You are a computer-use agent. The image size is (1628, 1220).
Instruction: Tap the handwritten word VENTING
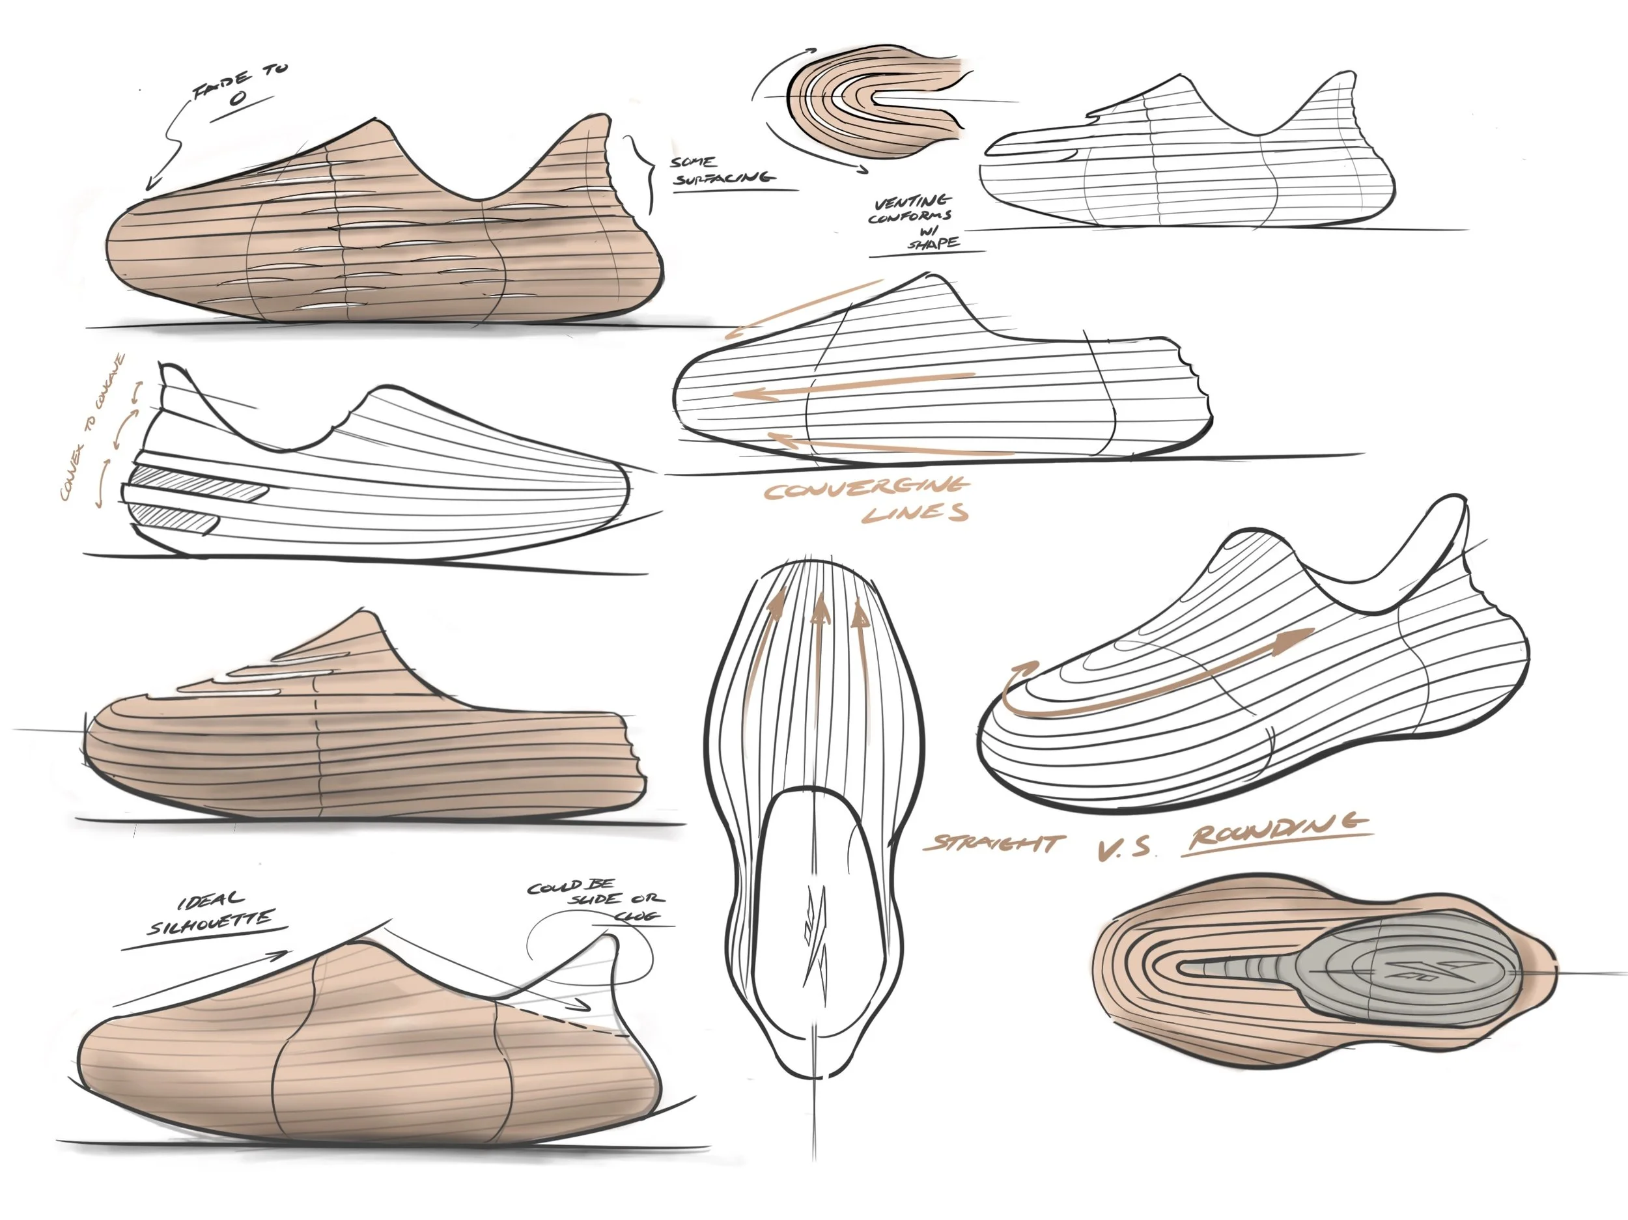[912, 202]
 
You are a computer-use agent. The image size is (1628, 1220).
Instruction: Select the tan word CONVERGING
[865, 489]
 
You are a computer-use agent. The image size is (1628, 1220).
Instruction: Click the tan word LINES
[915, 513]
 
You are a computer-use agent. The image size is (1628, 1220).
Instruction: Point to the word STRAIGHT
[994, 842]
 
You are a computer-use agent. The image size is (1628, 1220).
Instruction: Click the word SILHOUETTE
[210, 922]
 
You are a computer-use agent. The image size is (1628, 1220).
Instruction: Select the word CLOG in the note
[637, 917]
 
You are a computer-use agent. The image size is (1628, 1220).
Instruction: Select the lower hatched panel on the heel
[176, 520]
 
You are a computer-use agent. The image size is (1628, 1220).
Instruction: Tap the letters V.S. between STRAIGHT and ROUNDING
[1124, 850]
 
